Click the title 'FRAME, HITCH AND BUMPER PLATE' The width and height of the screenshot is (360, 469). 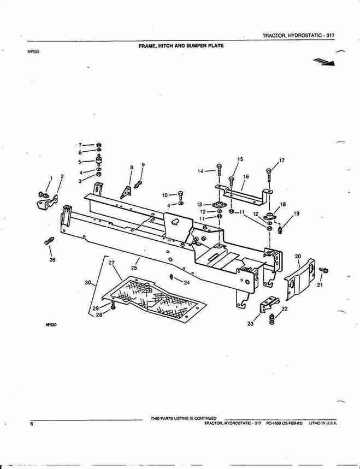pos(181,46)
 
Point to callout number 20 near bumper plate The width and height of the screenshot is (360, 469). pos(298,256)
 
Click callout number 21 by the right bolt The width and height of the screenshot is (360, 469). pos(320,284)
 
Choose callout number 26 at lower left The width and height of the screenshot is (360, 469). pos(52,259)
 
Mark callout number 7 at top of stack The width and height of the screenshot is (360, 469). pos(80,145)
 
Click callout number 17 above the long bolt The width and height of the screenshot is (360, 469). pos(282,161)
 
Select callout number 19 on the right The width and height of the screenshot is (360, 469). pos(297,213)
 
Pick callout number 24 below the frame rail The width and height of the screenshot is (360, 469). pos(186,282)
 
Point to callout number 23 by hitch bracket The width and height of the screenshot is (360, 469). pos(251,324)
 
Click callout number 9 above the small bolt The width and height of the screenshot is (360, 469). pos(143,164)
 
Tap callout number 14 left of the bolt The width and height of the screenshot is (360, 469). pos(200,171)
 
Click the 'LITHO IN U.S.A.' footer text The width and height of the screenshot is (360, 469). pos(323,423)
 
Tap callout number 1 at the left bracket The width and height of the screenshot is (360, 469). pos(51,178)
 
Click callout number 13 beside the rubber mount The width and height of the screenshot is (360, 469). pos(200,204)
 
